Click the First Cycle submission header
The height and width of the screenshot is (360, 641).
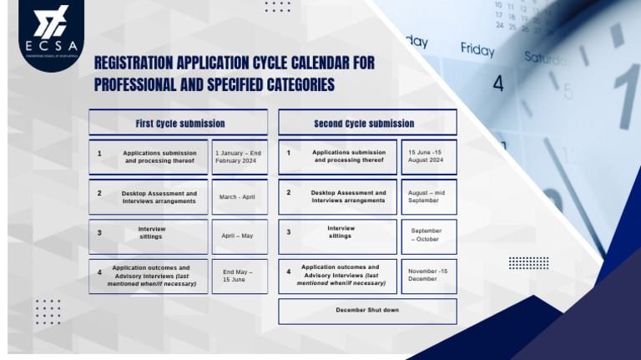click(178, 124)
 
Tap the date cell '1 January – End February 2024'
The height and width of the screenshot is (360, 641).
click(240, 157)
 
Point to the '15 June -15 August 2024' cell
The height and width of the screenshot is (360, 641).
click(428, 156)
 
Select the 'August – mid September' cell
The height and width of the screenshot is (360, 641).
click(428, 197)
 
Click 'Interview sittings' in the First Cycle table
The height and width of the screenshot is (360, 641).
click(152, 232)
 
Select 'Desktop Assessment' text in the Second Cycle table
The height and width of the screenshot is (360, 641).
click(348, 193)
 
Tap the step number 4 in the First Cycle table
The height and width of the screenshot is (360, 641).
click(98, 272)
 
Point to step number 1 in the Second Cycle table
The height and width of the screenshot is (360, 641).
click(289, 153)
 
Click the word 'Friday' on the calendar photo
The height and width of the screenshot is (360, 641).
click(477, 50)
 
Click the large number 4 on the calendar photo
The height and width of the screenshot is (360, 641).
click(498, 84)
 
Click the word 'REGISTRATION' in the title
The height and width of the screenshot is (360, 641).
click(138, 63)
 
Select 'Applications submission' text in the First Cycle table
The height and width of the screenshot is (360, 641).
click(159, 153)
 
